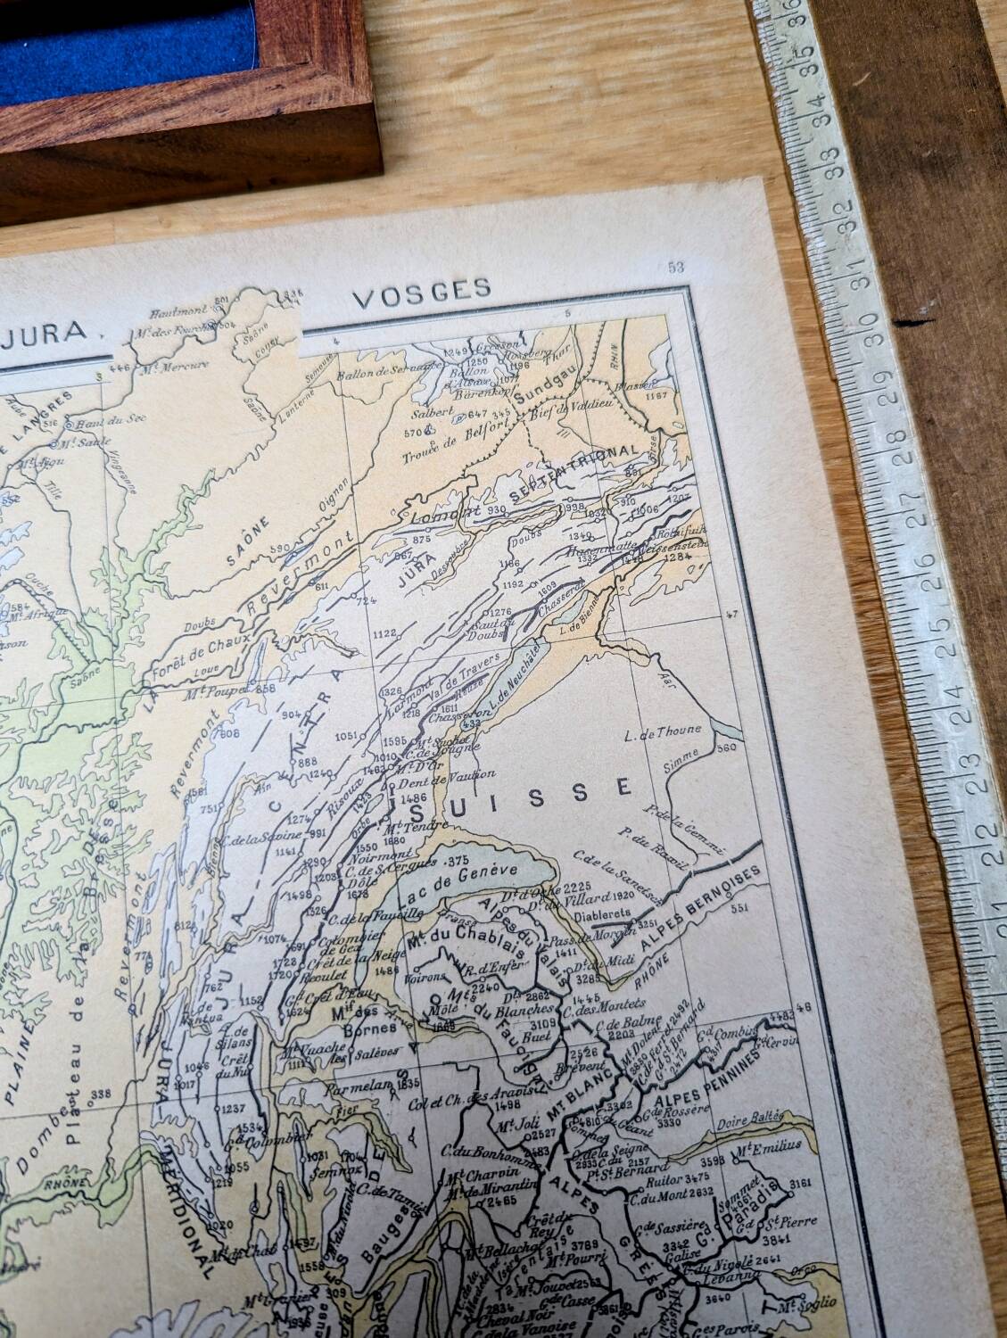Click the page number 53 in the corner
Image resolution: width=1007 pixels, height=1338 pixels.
point(674,268)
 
